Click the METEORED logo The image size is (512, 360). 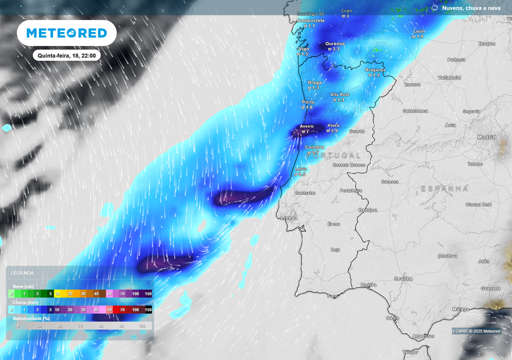[66, 33]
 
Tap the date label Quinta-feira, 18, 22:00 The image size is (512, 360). [66, 55]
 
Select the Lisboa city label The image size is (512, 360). [289, 218]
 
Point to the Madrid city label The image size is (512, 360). [486, 137]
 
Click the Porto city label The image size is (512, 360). [307, 102]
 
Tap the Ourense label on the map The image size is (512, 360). [335, 43]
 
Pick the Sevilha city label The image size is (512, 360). [403, 278]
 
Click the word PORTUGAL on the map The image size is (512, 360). [333, 155]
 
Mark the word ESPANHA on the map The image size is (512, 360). [444, 188]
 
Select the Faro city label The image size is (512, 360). [332, 296]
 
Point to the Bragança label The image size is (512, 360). [375, 70]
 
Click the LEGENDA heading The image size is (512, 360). [22, 273]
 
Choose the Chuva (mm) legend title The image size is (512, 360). [25, 302]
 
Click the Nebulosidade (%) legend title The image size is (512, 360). [31, 318]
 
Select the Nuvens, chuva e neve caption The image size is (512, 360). [471, 8]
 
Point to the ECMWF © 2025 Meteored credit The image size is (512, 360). [476, 331]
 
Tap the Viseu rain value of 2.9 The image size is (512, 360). [332, 130]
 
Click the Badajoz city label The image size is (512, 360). [367, 210]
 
